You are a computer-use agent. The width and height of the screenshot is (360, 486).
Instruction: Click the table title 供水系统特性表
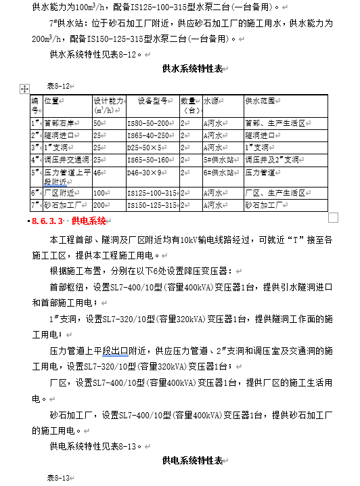point(193,69)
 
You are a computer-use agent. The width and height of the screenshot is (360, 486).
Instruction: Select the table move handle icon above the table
point(25,88)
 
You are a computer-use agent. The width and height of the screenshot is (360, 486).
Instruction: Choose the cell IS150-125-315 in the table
point(153,205)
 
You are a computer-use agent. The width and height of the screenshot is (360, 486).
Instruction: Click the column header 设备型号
point(152,101)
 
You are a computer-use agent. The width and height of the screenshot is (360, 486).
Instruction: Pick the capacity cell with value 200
point(99,205)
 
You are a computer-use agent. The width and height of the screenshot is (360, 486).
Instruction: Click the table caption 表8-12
point(58,86)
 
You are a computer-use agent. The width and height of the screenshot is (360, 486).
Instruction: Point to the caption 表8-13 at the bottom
point(58,478)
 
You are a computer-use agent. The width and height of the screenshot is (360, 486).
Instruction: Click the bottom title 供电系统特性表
point(193,461)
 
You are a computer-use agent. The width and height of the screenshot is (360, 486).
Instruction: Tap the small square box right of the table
point(332,217)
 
